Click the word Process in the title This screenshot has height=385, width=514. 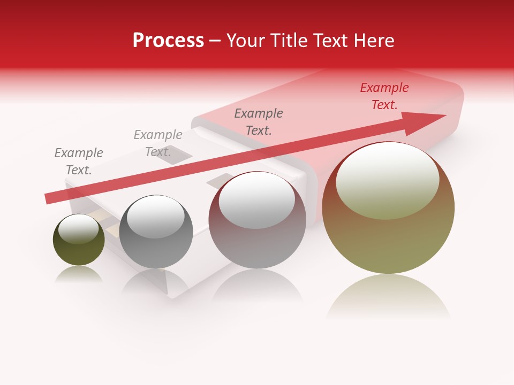tap(168, 41)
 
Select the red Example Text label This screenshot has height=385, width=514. tap(384, 96)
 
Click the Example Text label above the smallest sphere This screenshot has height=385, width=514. tap(78, 161)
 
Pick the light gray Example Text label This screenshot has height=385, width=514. tap(158, 143)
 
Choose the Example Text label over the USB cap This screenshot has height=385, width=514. tap(259, 122)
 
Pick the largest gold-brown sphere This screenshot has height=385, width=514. tap(388, 235)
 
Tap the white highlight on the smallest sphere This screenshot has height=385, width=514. tap(79, 229)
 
